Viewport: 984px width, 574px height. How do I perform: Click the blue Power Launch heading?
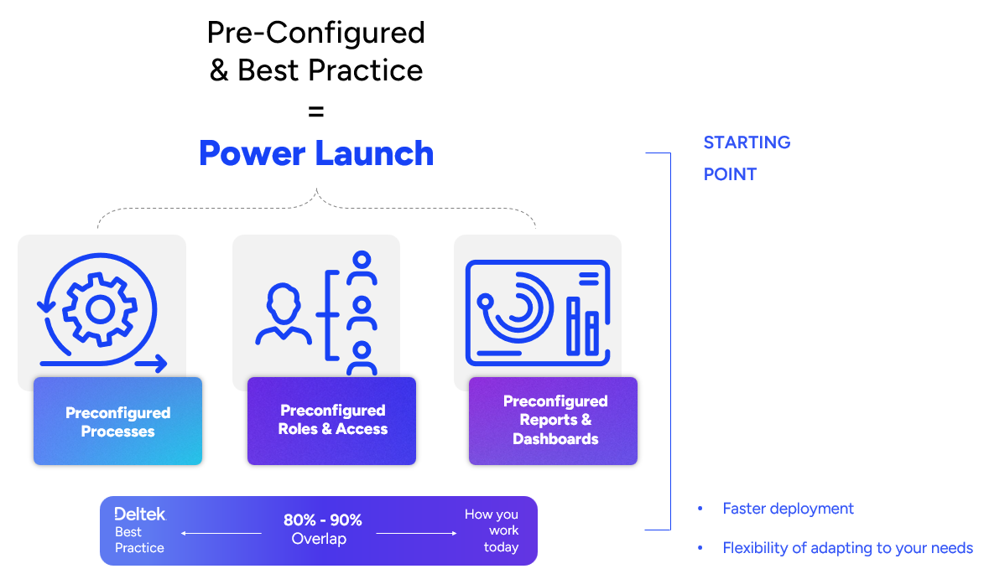[316, 153]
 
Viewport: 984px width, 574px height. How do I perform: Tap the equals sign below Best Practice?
[316, 111]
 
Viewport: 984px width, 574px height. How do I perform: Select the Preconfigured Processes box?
[117, 421]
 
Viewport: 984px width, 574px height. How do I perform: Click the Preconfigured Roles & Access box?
[332, 420]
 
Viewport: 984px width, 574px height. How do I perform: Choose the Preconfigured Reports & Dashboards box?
[554, 420]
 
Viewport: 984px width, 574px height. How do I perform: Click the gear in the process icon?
[100, 310]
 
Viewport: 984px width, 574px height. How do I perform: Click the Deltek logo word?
[139, 514]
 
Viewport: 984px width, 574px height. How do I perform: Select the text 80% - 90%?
[322, 520]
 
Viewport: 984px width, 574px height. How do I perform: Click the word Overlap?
[319, 539]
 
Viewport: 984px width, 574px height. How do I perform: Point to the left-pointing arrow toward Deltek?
[221, 533]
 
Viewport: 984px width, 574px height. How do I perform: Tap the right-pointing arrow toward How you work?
[416, 533]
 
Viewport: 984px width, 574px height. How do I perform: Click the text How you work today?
[493, 530]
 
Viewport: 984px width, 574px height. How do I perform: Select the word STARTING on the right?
[747, 142]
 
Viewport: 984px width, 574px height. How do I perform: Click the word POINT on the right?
[730, 174]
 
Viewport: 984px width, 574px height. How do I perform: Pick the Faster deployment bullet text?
[788, 509]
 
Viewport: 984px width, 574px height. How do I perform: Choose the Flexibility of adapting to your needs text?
[847, 548]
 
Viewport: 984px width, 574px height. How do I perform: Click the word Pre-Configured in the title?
[316, 33]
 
